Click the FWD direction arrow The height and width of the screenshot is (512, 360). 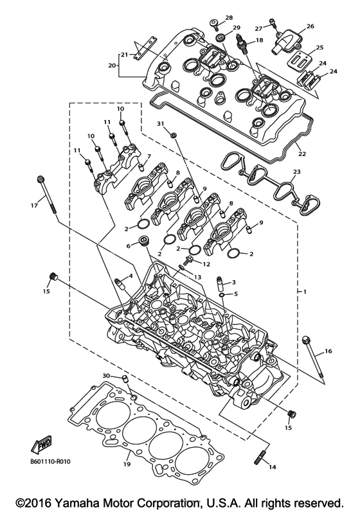click(40, 444)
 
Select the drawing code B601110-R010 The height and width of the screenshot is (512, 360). click(50, 460)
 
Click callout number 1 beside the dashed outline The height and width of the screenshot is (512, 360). click(305, 292)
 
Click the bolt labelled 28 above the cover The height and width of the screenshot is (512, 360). click(215, 26)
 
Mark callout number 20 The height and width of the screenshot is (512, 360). click(112, 65)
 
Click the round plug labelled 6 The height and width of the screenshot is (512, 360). click(143, 243)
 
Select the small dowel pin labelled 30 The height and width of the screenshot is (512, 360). click(126, 378)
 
